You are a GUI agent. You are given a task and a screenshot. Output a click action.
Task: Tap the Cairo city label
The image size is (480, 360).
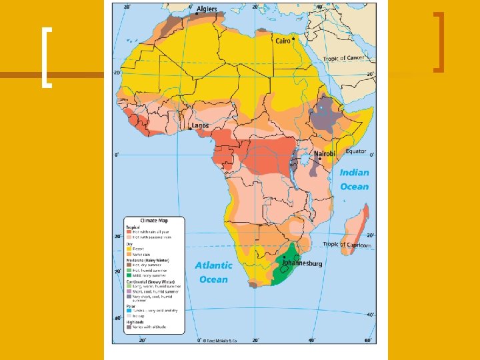click(x=283, y=41)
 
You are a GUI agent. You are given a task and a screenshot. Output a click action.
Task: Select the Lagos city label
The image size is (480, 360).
click(x=200, y=125)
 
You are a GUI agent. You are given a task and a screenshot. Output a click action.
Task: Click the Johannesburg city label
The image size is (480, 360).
click(x=301, y=263)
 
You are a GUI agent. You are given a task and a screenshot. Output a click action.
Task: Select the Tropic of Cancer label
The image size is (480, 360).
click(x=344, y=59)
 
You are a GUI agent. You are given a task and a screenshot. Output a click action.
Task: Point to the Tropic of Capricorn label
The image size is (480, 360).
click(x=346, y=245)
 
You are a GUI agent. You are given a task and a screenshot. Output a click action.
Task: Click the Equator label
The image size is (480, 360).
click(x=355, y=151)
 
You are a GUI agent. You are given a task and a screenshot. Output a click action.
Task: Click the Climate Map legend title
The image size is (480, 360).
click(x=153, y=221)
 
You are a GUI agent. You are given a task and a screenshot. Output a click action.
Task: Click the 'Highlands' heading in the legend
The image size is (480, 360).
click(x=137, y=323)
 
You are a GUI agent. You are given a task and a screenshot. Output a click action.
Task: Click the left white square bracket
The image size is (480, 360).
click(x=46, y=57)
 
